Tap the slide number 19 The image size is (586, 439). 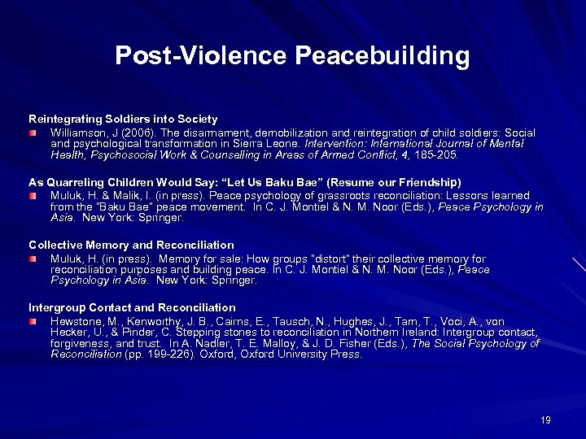pos(545,419)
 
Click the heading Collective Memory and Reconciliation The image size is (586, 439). pos(131,245)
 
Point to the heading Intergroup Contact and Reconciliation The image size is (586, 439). pos(132,307)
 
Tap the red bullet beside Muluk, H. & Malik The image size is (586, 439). pos(34,195)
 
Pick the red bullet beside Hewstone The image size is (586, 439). pos(34,322)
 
